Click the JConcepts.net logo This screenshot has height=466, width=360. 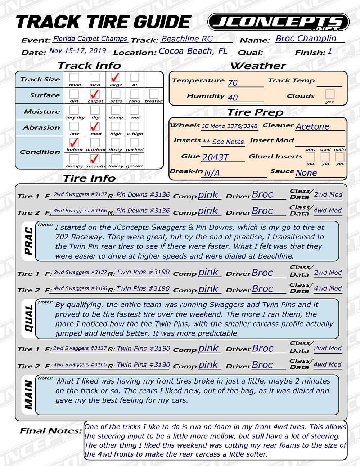tap(278, 22)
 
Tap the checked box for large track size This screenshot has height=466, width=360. tap(115, 77)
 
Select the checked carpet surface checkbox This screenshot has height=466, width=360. tap(95, 94)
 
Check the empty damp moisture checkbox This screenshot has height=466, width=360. tap(116, 110)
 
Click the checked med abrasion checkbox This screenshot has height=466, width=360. tap(95, 126)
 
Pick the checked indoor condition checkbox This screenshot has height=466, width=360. tap(74, 143)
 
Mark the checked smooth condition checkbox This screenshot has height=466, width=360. tap(95, 159)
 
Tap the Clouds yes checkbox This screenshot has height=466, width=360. tap(330, 94)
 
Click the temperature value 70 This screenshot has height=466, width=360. tap(233, 83)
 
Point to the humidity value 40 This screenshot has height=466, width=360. tap(233, 98)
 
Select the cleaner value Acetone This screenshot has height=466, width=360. tap(312, 126)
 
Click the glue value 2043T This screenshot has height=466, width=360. tap(215, 157)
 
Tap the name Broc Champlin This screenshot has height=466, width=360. tap(306, 39)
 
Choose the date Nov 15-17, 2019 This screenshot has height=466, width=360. tap(77, 51)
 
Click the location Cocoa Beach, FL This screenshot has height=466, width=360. tap(193, 51)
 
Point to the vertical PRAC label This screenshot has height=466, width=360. tap(28, 241)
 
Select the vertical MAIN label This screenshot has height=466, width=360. tap(28, 395)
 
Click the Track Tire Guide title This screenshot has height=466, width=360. tap(103, 22)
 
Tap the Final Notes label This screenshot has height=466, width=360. tap(50, 431)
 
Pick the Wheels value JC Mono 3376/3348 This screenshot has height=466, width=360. tap(230, 126)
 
